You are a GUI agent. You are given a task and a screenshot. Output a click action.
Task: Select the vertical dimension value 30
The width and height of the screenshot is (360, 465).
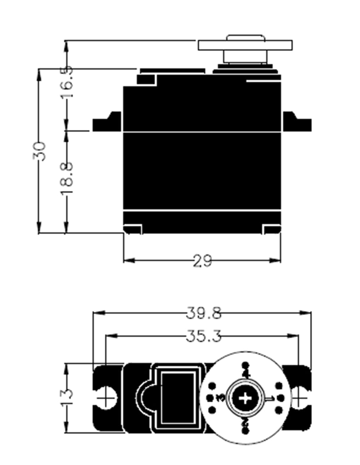[x=40, y=151]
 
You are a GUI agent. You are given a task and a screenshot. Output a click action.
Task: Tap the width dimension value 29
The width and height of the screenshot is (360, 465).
[x=202, y=261]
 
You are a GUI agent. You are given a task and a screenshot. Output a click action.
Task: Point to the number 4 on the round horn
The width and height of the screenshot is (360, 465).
[x=246, y=373]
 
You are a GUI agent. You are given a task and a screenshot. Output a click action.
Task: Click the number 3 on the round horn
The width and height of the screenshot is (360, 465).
[x=220, y=398]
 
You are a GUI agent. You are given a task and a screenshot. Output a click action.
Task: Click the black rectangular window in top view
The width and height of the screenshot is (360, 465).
[x=178, y=398]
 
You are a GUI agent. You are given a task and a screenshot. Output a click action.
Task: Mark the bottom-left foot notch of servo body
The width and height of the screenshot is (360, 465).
[x=133, y=229]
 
